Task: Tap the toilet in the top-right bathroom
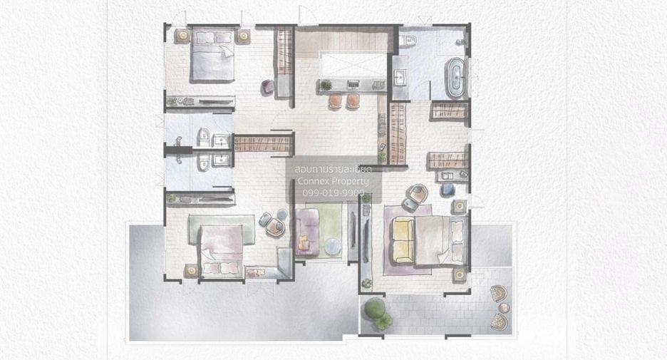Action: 408,41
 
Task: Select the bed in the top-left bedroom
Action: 212,54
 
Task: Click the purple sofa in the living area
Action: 308,232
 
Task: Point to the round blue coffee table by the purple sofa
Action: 333,247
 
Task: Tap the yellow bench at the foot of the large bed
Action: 403,240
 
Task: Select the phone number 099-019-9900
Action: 333,193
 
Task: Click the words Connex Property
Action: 333,181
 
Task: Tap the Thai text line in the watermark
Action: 333,170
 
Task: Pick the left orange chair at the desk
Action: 335,101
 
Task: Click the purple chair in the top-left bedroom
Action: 267,87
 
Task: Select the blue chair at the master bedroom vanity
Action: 448,190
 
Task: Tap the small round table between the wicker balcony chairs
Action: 504,308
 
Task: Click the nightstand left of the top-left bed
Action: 182,36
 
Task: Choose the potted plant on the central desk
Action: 326,85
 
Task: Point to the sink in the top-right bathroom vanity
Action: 400,78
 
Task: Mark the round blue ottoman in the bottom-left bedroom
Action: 282,213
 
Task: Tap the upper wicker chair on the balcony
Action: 498,293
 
